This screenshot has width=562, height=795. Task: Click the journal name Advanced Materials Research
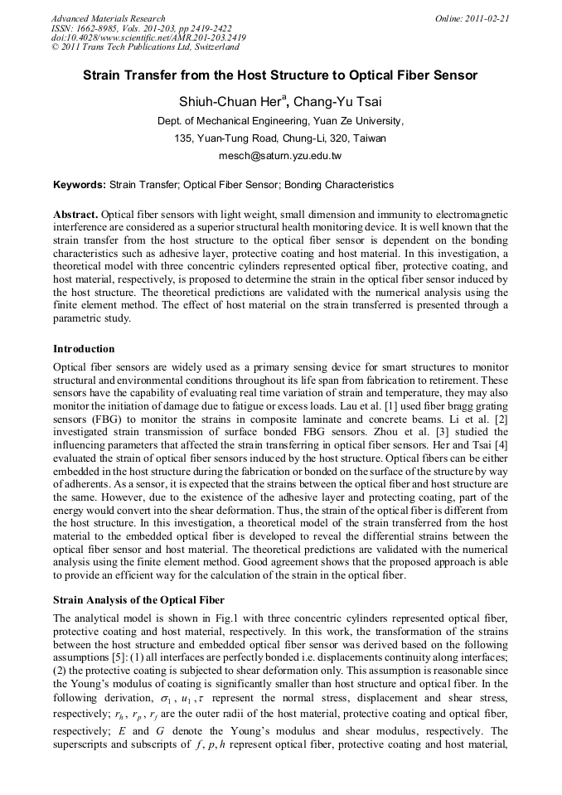[x=108, y=18]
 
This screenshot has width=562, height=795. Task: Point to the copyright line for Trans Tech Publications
[x=145, y=47]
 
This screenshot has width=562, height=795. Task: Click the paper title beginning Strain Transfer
[x=280, y=75]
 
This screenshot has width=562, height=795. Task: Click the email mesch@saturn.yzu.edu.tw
[x=280, y=155]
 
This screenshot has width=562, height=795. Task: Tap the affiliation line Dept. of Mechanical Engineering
[x=280, y=121]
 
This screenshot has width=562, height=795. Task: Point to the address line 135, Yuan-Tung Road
[x=280, y=138]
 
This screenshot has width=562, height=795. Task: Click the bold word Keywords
[x=79, y=185]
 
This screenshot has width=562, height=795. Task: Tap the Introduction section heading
[x=84, y=349]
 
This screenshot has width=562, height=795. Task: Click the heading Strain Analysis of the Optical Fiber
[x=138, y=599]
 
